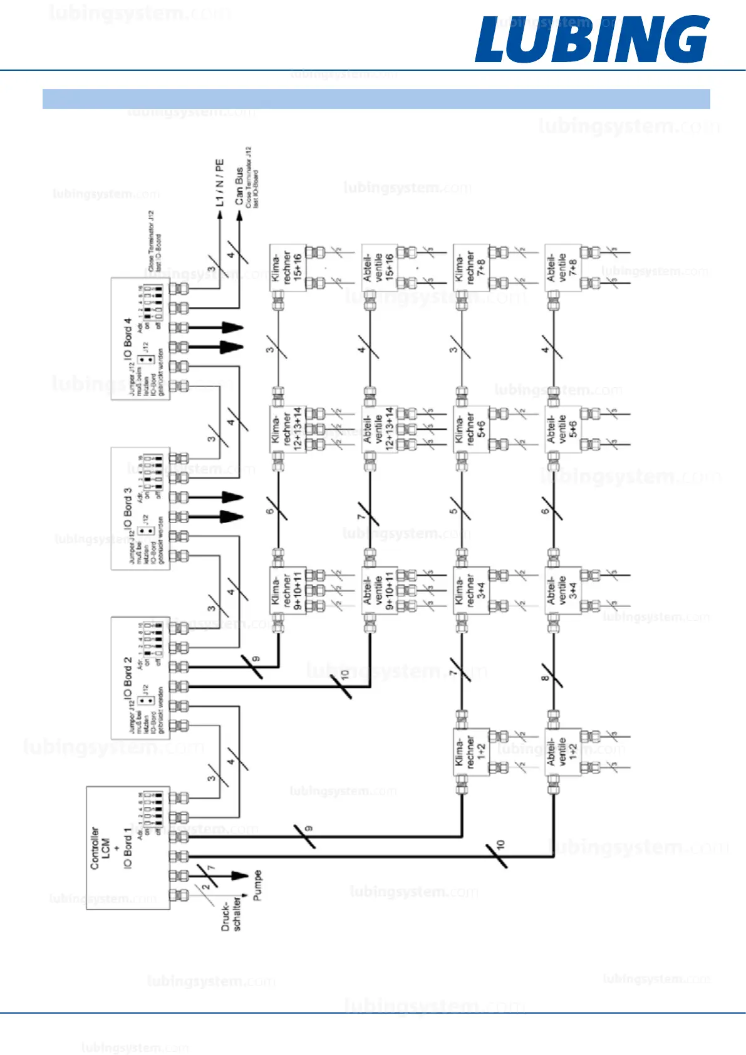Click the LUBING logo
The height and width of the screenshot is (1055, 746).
click(x=591, y=39)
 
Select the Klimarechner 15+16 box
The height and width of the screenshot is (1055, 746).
click(x=288, y=268)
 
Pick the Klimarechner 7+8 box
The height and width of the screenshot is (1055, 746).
click(x=471, y=268)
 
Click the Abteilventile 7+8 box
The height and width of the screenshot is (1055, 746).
click(x=562, y=268)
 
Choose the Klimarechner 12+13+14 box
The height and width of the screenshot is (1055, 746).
click(x=288, y=429)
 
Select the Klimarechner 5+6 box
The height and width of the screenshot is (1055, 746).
click(x=471, y=429)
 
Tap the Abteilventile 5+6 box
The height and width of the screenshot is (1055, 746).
click(x=562, y=429)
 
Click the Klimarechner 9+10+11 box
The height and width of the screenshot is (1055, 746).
click(x=288, y=590)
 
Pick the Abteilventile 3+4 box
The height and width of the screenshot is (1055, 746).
click(x=562, y=590)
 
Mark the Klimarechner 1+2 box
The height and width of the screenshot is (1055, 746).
click(x=471, y=751)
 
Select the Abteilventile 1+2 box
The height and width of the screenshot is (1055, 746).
click(x=562, y=751)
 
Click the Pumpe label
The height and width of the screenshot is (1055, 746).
click(x=257, y=885)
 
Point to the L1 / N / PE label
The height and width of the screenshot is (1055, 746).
click(x=219, y=182)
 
